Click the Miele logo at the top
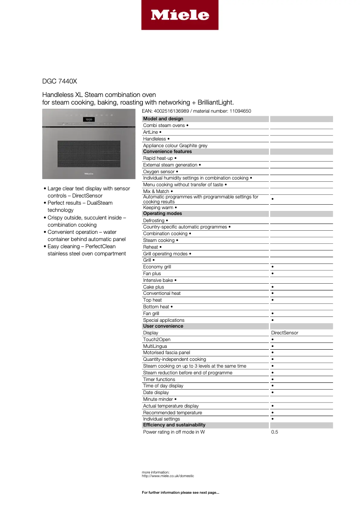tap(180, 15)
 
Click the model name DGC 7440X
tap(59, 81)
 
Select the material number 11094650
tap(240, 111)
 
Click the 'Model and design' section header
tap(163, 119)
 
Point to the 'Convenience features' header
tap(167, 152)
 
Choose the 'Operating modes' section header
tap(162, 214)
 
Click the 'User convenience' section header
tap(163, 326)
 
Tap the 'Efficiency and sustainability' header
tap(174, 425)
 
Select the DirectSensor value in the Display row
tap(285, 333)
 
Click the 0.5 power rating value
tap(275, 432)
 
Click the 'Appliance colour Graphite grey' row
tap(175, 146)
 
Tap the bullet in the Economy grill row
tap(273, 267)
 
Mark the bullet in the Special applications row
tap(273, 320)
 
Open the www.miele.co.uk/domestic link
tap(168, 476)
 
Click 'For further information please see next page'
tap(180, 493)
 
